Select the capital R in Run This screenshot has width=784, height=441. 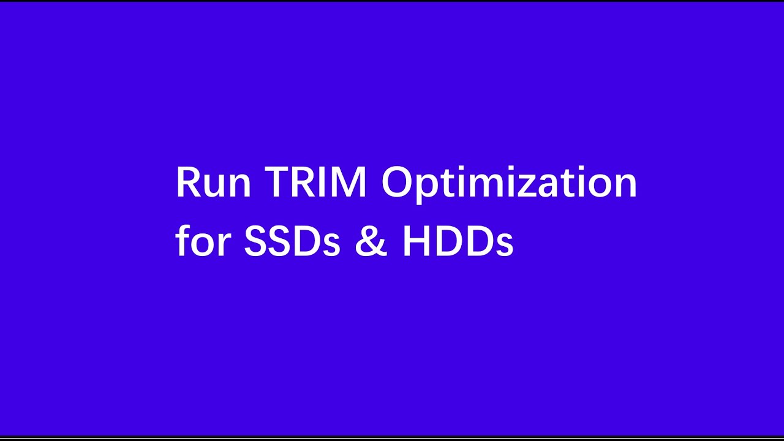tap(187, 183)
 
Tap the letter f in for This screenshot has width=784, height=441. tap(181, 241)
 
